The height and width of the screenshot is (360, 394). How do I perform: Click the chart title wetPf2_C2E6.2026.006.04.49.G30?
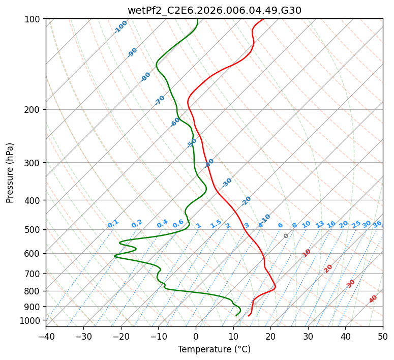(215, 10)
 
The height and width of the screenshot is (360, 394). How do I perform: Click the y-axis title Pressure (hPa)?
(10, 173)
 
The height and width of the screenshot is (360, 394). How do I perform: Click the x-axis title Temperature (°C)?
(215, 349)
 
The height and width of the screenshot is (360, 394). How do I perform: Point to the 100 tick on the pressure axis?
(35, 19)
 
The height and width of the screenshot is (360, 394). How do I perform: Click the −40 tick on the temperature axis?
(46, 337)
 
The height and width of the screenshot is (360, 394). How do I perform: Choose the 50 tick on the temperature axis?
(383, 337)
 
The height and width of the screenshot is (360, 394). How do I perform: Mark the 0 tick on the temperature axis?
(196, 337)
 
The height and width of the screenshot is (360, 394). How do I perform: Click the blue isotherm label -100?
(120, 27)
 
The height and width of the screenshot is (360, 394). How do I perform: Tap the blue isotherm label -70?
(160, 100)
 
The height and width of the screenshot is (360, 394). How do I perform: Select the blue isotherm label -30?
(227, 183)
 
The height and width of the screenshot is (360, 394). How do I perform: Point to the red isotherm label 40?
(373, 299)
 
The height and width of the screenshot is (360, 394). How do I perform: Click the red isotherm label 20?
(328, 269)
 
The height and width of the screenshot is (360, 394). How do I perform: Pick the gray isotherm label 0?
(286, 236)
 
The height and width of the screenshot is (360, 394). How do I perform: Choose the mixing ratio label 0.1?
(113, 224)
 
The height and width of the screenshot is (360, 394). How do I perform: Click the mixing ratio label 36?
(377, 224)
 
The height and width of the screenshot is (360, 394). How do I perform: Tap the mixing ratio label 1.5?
(216, 224)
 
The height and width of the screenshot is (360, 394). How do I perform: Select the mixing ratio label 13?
(320, 224)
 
